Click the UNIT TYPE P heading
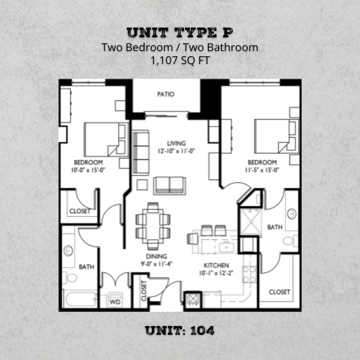coord(180,32)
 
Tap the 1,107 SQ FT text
coord(180,62)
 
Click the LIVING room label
coord(176,143)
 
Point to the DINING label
coord(156,256)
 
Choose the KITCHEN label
coord(216,264)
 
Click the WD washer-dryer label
coord(114,302)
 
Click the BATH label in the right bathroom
coord(274,227)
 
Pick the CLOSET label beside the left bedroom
coord(79,211)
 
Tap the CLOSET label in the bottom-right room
coord(279,292)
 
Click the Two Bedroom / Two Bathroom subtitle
coord(180,48)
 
